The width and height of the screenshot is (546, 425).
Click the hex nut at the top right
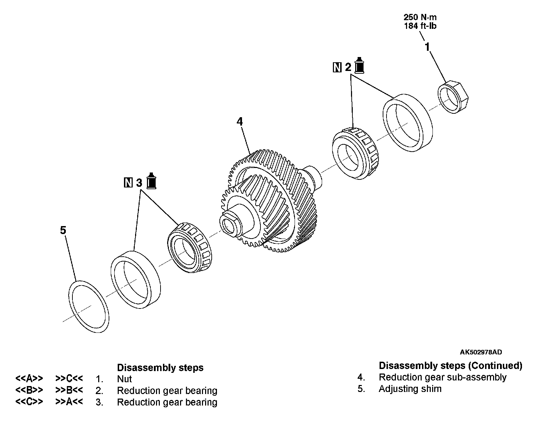coord(453,97)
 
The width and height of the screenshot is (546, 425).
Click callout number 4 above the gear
coord(240,121)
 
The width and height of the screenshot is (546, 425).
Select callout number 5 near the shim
coord(63,230)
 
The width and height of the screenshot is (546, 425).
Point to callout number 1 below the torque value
coord(427,47)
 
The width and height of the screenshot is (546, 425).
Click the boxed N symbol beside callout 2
coord(337,67)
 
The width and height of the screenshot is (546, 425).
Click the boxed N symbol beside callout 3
coord(128,183)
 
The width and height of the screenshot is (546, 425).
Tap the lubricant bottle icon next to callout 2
coord(359,66)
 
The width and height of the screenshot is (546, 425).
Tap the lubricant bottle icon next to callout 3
coord(151,181)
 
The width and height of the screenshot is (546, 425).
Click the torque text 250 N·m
coord(420,17)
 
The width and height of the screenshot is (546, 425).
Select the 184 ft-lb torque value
coord(420,25)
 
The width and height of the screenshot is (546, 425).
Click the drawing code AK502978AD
coord(481,352)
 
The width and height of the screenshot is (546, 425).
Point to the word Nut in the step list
coord(124,379)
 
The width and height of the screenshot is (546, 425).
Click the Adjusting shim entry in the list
coord(410,389)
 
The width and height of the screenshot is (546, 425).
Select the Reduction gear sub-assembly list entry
coord(442,377)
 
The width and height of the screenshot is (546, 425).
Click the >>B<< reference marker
coord(69,390)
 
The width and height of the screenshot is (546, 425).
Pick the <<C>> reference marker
coord(29,402)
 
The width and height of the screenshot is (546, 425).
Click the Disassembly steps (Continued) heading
coord(450,366)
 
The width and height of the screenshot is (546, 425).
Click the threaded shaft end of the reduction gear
coord(230,224)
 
